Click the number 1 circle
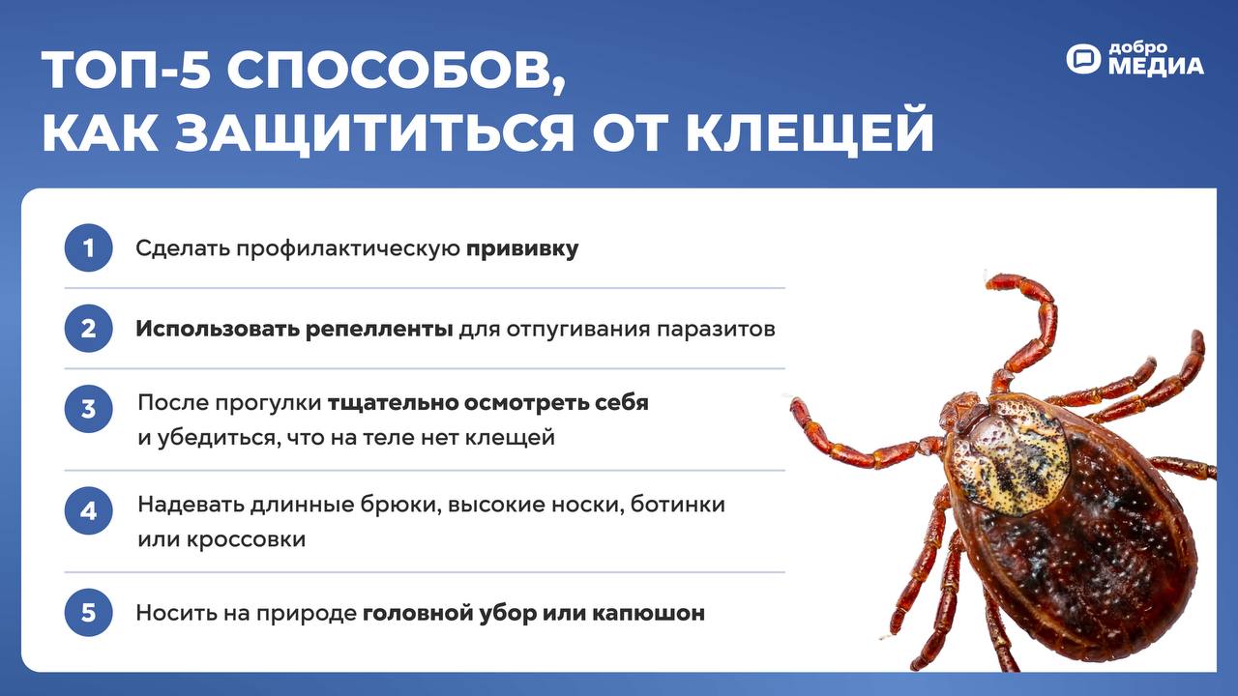(88, 247)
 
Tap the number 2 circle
(88, 329)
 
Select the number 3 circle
(88, 409)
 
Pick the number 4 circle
(88, 511)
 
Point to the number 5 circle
(88, 613)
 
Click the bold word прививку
(522, 249)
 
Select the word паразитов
(716, 330)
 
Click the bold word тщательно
(393, 403)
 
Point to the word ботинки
(678, 505)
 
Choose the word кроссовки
(246, 539)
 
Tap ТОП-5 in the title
(126, 71)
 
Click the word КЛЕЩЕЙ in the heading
(810, 132)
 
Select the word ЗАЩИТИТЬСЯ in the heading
(376, 134)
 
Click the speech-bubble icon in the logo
(1083, 59)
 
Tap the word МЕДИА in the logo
(1155, 67)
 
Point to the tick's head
(962, 412)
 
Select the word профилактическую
(348, 249)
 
